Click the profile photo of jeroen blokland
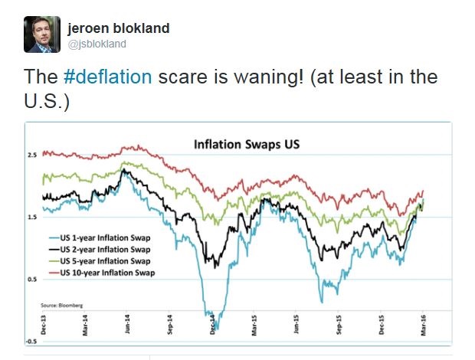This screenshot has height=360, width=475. pos(41,34)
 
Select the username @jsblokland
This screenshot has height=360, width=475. pos(97,44)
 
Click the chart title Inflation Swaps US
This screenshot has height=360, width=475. pos(245,144)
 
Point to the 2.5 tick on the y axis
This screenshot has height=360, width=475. pos(32,155)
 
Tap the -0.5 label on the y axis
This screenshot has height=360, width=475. pos(31,341)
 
